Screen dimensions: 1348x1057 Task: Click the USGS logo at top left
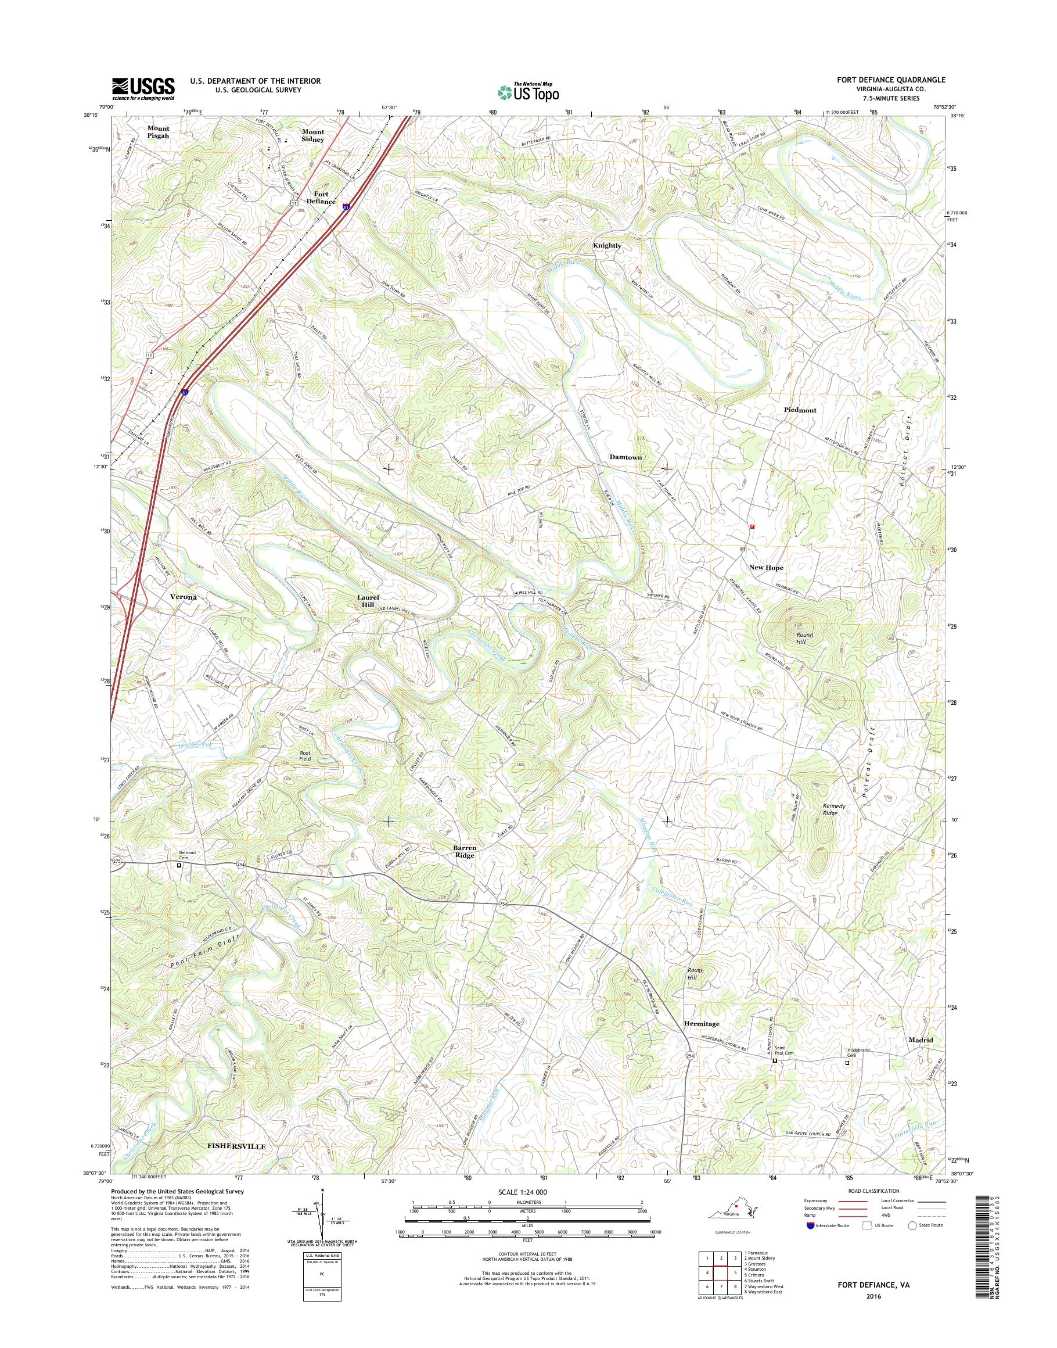pos(143,88)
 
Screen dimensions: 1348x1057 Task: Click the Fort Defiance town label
pos(321,197)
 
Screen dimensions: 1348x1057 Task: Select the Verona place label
pos(183,597)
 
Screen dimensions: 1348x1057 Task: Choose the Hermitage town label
pos(702,1024)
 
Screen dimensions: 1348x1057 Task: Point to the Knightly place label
pos(606,245)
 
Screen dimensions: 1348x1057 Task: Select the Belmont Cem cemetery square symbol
pos(179,866)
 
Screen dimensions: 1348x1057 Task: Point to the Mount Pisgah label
pos(158,131)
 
